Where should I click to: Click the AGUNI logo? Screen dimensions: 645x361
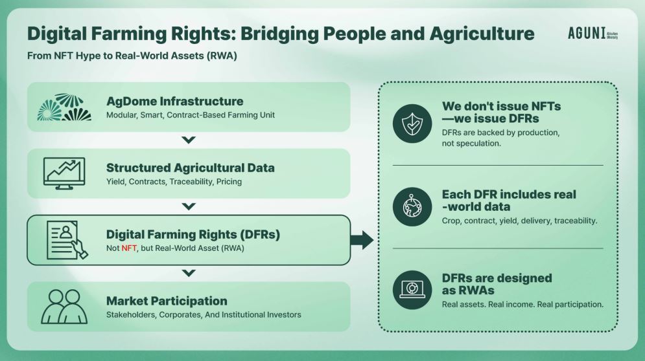click(592, 33)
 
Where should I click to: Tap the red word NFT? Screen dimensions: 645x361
click(129, 248)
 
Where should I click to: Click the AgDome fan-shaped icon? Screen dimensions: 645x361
click(64, 107)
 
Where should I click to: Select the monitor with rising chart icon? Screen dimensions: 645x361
click(64, 173)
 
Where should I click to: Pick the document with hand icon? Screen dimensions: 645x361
click(67, 240)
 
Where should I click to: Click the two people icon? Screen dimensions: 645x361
click(64, 307)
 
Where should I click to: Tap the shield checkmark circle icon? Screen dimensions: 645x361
click(412, 124)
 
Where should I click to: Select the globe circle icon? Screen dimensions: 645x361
click(412, 207)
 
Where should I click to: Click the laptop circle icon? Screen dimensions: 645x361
click(412, 290)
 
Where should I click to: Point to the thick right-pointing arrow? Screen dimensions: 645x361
click(362, 240)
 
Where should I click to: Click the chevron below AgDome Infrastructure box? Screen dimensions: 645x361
click(189, 140)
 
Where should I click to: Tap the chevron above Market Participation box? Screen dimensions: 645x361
click(189, 273)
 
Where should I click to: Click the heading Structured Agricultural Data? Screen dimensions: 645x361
click(191, 168)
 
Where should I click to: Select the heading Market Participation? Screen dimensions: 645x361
click(167, 301)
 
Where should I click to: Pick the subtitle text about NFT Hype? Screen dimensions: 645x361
click(132, 56)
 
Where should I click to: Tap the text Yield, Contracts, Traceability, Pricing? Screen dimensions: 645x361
click(174, 182)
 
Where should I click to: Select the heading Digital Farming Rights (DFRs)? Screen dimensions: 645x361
click(193, 234)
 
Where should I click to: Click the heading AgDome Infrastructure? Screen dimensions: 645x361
click(175, 101)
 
